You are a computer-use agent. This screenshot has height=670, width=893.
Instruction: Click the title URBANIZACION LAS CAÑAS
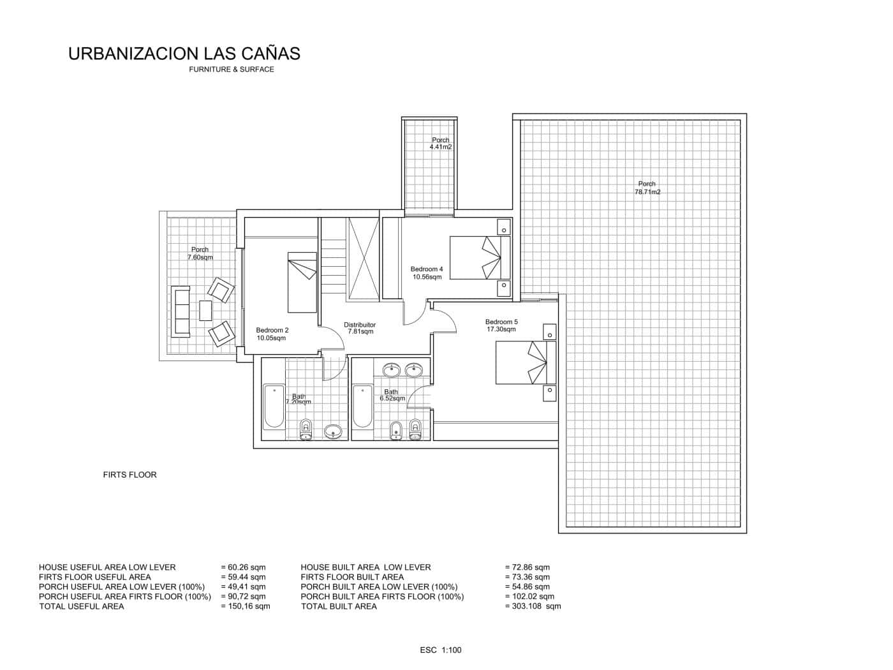184,54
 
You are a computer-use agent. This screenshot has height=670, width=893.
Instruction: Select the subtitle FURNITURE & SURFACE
231,70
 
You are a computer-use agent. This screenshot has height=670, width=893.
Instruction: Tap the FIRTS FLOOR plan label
129,475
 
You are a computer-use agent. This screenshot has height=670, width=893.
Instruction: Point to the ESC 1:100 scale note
440,650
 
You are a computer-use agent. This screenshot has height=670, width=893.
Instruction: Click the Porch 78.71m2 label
647,188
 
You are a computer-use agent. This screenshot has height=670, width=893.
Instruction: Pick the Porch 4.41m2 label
440,144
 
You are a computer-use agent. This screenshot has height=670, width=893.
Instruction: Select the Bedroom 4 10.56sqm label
426,273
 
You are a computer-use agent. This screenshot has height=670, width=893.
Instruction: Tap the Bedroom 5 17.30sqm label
501,325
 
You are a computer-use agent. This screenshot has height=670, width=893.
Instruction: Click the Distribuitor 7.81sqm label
360,328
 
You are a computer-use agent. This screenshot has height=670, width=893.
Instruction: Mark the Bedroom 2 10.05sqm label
272,334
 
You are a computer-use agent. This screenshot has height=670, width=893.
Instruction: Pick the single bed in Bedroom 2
302,282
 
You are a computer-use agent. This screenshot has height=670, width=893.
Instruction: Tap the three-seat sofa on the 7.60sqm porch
181,311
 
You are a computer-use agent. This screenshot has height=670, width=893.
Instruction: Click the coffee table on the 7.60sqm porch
205,310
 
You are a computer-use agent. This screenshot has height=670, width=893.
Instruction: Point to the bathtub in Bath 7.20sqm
274,406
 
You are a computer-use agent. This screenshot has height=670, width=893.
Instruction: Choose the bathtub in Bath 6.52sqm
363,406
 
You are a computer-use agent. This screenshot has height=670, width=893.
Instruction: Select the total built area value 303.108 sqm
533,606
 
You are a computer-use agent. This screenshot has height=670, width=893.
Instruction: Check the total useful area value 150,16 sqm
246,606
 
